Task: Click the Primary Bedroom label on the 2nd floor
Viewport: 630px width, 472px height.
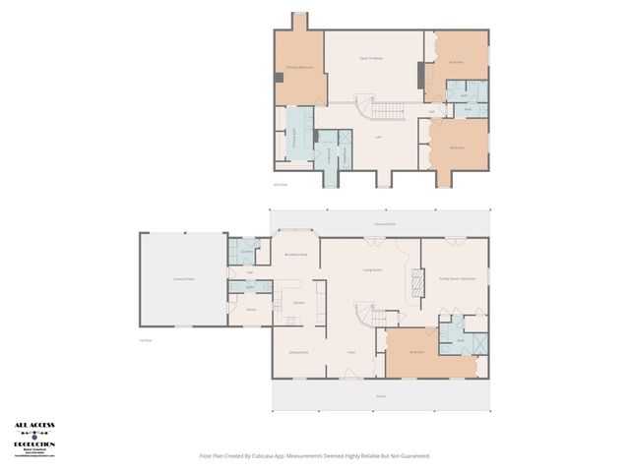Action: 298,68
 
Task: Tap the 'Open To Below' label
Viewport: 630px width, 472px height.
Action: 370,59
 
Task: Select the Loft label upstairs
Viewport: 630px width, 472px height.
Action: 378,137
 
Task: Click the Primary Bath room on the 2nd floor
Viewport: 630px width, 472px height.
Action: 293,143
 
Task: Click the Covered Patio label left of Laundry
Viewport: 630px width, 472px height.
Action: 183,279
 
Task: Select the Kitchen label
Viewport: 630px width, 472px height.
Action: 298,303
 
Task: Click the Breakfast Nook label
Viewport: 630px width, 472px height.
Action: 296,255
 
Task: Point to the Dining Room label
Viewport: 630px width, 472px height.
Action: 298,352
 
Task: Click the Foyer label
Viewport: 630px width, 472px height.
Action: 351,352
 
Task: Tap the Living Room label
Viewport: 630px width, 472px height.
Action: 372,269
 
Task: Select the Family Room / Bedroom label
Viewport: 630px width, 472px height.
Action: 457,279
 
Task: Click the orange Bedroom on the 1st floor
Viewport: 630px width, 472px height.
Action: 417,351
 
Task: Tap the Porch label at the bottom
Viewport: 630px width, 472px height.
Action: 381,397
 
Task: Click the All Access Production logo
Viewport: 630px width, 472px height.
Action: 34,439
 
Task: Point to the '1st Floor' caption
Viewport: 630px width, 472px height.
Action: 146,340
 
